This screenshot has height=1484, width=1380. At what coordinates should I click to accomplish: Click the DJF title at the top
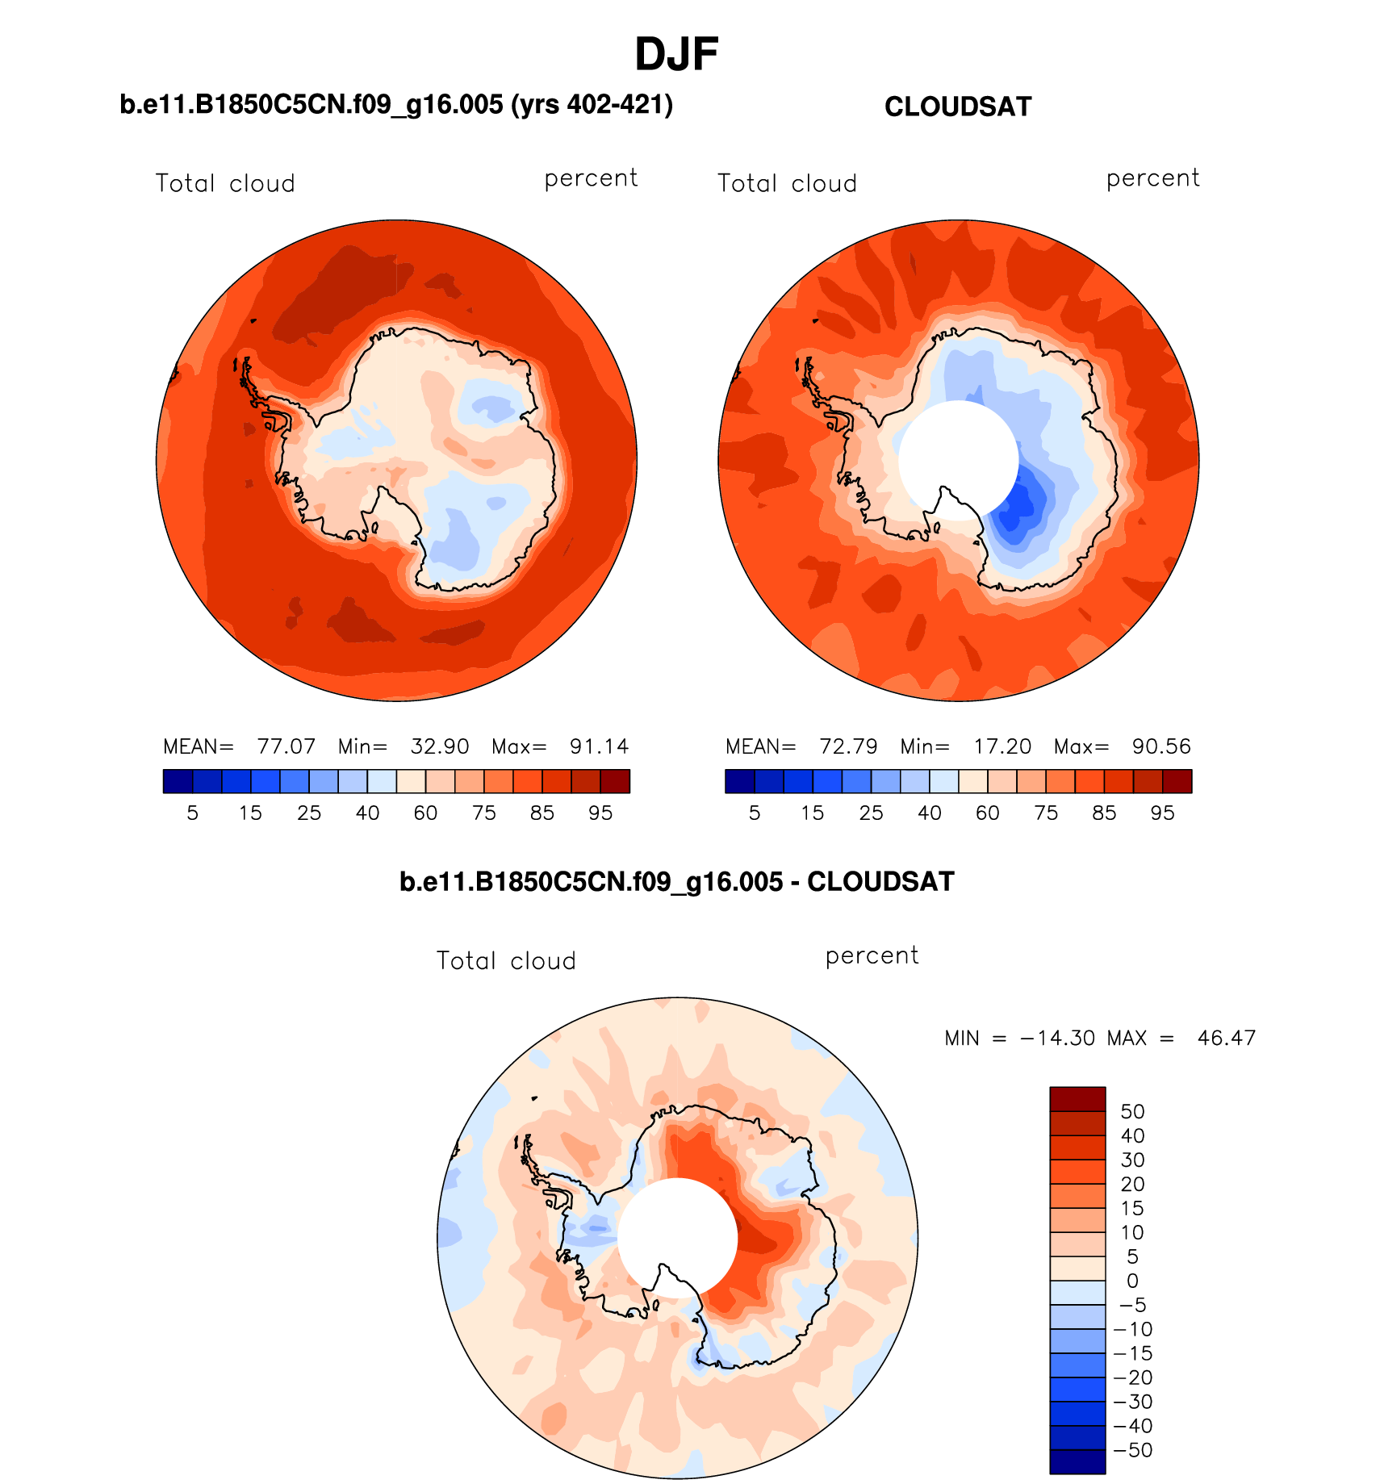pos(676,55)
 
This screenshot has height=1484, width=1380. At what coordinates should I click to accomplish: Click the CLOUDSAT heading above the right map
pos(958,107)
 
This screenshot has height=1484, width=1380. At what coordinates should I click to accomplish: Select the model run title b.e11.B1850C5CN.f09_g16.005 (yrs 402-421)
pos(396,105)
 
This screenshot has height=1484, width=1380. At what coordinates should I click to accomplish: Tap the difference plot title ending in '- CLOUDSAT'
pos(676,882)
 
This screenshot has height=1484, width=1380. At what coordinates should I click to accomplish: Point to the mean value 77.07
pos(286,746)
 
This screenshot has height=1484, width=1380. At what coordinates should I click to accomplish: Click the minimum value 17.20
pos(1002,746)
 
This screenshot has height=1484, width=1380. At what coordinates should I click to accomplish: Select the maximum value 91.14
pos(599,746)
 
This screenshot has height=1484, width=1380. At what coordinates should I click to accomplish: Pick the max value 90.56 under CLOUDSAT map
pos(1161,746)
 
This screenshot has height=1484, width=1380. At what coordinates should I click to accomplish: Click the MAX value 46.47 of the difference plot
pos(1227,1038)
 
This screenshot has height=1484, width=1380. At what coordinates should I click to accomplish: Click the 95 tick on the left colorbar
pos(600,813)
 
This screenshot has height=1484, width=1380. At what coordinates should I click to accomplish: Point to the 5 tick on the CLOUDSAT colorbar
pos(755,813)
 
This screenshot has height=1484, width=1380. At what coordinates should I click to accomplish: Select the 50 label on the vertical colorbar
pos(1132,1112)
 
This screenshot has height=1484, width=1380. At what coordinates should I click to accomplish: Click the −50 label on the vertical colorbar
pos(1133,1450)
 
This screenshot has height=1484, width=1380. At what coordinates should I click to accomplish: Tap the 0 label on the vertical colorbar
pos(1132,1281)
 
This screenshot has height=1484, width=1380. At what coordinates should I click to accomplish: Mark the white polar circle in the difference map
pos(677,1235)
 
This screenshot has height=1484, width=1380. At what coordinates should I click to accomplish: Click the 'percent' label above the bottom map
pos(872,956)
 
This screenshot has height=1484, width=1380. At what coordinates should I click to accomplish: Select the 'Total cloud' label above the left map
pos(225,184)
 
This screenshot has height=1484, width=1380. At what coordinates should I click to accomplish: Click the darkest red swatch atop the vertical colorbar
pos(1077,1099)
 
